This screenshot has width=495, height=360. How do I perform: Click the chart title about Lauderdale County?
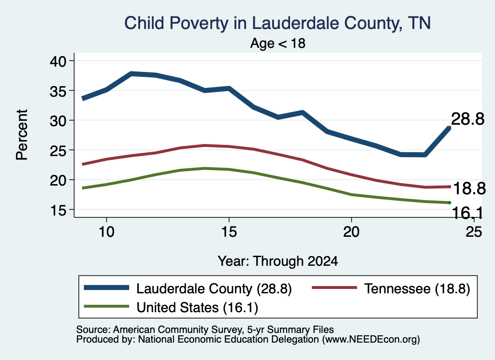277,23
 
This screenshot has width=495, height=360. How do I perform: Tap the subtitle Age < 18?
278,43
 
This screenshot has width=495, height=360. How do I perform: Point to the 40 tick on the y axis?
58,60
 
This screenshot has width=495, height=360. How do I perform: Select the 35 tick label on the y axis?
58,90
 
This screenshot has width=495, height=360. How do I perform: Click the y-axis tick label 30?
58,120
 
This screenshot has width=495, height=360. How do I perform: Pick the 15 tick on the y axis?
58,210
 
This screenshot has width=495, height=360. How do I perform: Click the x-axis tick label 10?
106,232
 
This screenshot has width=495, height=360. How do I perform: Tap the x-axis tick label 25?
474,232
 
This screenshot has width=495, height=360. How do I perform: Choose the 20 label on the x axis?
351,232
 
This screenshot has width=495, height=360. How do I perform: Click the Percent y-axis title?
22,135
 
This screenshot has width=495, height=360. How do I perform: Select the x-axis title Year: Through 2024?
278,261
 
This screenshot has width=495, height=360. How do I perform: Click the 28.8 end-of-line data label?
467,119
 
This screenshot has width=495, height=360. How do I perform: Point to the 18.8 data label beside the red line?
469,188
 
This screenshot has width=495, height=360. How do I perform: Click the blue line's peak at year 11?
131,74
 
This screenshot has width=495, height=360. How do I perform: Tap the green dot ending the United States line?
449,202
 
